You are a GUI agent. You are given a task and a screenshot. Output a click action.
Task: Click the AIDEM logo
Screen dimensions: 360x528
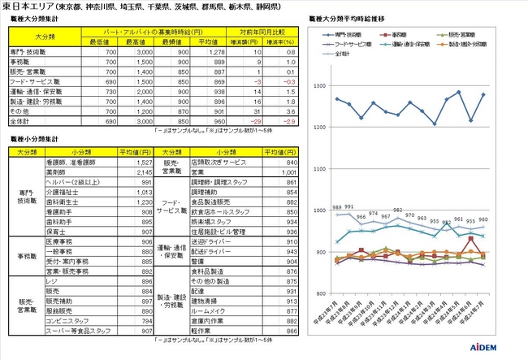click(494, 348)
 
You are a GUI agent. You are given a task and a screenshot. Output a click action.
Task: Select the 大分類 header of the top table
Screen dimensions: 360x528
click(48, 37)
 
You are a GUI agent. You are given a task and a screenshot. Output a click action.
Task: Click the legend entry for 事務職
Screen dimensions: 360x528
click(398, 37)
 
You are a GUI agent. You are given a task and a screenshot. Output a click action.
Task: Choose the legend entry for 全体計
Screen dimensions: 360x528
click(345, 54)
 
